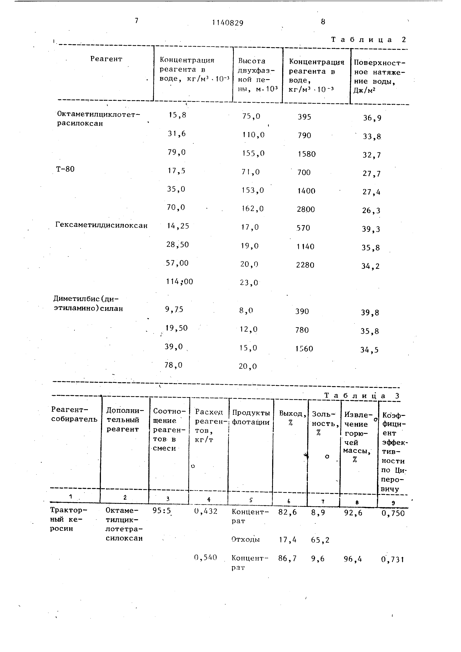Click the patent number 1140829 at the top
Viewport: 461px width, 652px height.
[x=228, y=23]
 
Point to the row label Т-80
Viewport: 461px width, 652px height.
[x=65, y=169]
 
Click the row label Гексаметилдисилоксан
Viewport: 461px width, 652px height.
[x=101, y=226]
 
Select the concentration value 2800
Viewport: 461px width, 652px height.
[x=306, y=210]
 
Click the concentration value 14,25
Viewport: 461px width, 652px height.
[x=178, y=226]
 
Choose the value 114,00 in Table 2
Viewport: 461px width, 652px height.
[x=179, y=282]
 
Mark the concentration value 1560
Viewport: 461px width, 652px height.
[x=304, y=349]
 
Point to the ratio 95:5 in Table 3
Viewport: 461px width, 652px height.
[x=162, y=511]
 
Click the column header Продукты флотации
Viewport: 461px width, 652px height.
[x=251, y=417]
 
